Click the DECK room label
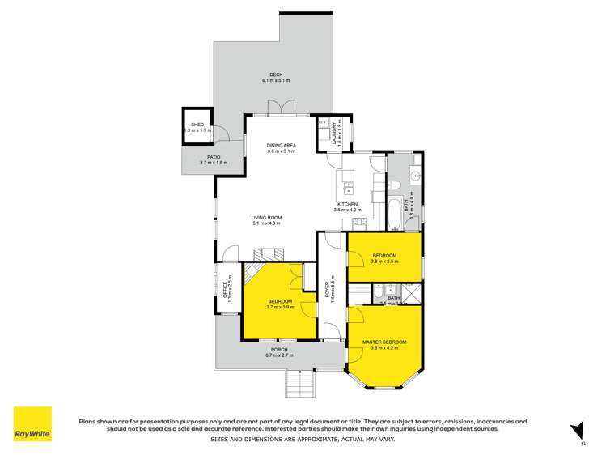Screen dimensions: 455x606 click(276, 75)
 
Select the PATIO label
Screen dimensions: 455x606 click(214, 157)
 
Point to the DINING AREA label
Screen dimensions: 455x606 click(282, 146)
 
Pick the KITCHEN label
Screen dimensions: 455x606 click(346, 204)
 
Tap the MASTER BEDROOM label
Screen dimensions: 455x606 click(384, 342)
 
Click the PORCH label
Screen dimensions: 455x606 click(280, 350)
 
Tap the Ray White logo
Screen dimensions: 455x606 click(32, 424)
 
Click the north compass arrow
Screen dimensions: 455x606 click(577, 431)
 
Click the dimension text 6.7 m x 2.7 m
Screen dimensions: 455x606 click(280, 355)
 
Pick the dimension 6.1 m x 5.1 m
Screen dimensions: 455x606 click(276, 81)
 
